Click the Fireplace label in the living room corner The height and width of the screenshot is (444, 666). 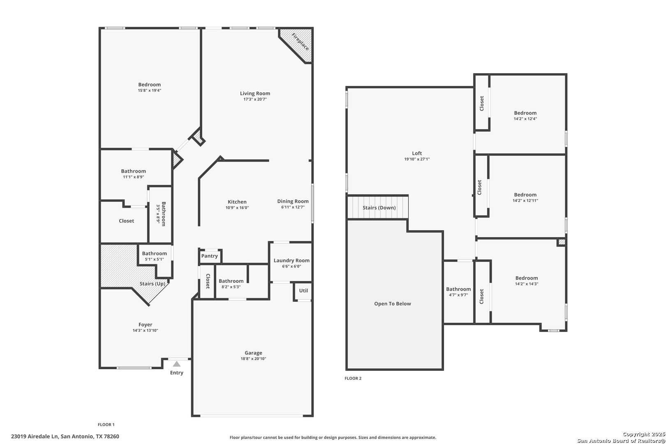tap(300, 42)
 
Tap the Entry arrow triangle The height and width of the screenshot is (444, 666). tap(177, 364)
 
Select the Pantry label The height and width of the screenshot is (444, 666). tap(209, 256)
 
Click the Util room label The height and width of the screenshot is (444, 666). tap(303, 291)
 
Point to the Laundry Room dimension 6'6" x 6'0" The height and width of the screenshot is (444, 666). tap(291, 266)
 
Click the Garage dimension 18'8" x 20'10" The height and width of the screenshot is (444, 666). tap(253, 358)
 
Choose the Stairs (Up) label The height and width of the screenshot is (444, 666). tap(153, 284)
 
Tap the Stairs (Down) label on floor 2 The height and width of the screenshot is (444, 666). tap(379, 208)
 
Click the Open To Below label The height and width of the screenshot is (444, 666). tap(393, 304)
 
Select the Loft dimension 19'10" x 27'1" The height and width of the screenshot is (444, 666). tap(417, 159)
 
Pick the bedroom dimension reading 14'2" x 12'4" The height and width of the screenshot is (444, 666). tap(525, 119)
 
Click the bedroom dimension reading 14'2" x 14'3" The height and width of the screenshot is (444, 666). tap(527, 284)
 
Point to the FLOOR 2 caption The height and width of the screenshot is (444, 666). tap(353, 378)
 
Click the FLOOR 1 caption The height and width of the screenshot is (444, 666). tap(106, 425)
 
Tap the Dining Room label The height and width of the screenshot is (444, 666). tap(293, 201)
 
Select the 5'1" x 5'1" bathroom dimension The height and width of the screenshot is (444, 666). tap(154, 259)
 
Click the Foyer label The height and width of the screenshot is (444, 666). tap(146, 325)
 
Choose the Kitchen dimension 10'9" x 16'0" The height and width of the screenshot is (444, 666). tap(237, 208)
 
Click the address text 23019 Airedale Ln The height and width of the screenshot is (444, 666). tap(35, 437)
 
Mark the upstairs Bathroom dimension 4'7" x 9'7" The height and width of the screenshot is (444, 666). tap(458, 295)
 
